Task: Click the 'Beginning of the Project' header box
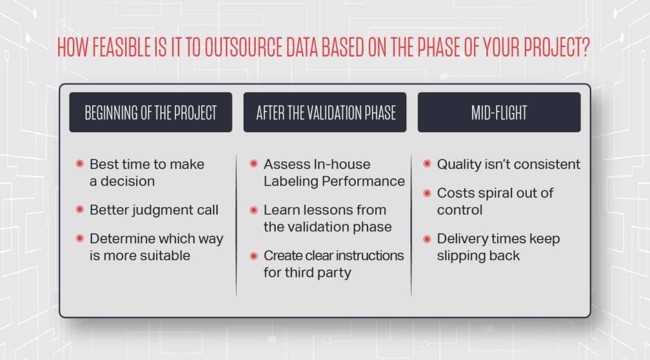pyautogui.click(x=150, y=112)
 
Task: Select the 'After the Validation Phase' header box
pyautogui.click(x=325, y=112)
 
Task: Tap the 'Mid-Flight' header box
pyautogui.click(x=499, y=112)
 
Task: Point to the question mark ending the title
pyautogui.click(x=585, y=47)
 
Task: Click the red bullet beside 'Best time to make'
pyautogui.click(x=80, y=163)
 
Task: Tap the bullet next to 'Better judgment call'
pyautogui.click(x=80, y=210)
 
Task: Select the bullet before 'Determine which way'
pyautogui.click(x=80, y=238)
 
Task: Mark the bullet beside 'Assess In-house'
pyautogui.click(x=254, y=163)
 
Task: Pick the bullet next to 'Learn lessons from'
pyautogui.click(x=254, y=210)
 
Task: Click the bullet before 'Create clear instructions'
pyautogui.click(x=254, y=255)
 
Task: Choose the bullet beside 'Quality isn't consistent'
pyautogui.click(x=427, y=163)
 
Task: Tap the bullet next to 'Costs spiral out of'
pyautogui.click(x=427, y=193)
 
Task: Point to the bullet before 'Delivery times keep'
pyautogui.click(x=427, y=239)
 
